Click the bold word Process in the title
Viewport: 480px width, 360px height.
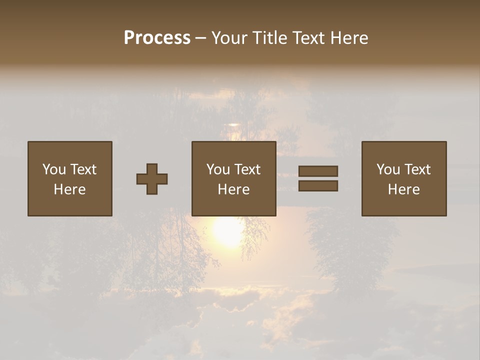coord(157,38)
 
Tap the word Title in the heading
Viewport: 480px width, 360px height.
coord(269,38)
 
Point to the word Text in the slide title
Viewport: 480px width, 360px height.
coord(308,38)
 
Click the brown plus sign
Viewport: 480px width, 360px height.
coord(152,179)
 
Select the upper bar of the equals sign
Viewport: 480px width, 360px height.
coord(318,171)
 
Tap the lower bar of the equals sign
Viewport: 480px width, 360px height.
coord(318,186)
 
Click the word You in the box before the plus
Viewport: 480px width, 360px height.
coord(54,169)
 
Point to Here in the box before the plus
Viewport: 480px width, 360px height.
coord(70,189)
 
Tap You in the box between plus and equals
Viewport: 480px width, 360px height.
coord(218,169)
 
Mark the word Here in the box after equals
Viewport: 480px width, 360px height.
coord(404,189)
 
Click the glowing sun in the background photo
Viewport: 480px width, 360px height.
coord(227,231)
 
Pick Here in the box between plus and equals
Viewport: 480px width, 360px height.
coord(234,189)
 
